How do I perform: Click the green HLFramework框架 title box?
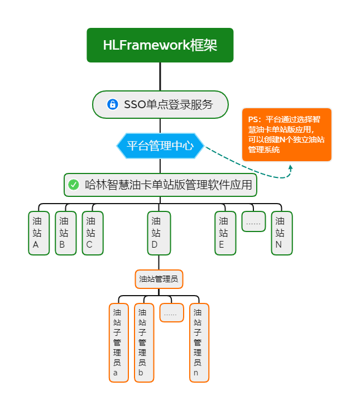coord(160,45)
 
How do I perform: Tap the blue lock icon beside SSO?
coord(113,104)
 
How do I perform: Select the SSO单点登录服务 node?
coord(160,104)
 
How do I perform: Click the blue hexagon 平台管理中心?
coord(160,146)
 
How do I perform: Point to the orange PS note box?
coord(287,134)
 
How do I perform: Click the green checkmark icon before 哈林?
coord(74,185)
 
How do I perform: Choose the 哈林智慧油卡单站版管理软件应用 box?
coord(160,185)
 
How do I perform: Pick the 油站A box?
coord(39,233)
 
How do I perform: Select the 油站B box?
coord(66,233)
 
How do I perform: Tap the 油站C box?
coord(93,233)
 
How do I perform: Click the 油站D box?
coord(159,233)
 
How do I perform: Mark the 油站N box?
coord(282,233)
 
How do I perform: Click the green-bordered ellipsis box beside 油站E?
coord(253,222)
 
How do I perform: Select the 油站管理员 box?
coord(159,279)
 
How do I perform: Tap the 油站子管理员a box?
coord(119,343)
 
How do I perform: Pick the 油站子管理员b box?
coord(144,343)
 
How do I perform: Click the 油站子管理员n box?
coord(199,343)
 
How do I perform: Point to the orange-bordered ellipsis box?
coord(171,313)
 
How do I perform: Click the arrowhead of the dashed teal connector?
coord(290,167)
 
